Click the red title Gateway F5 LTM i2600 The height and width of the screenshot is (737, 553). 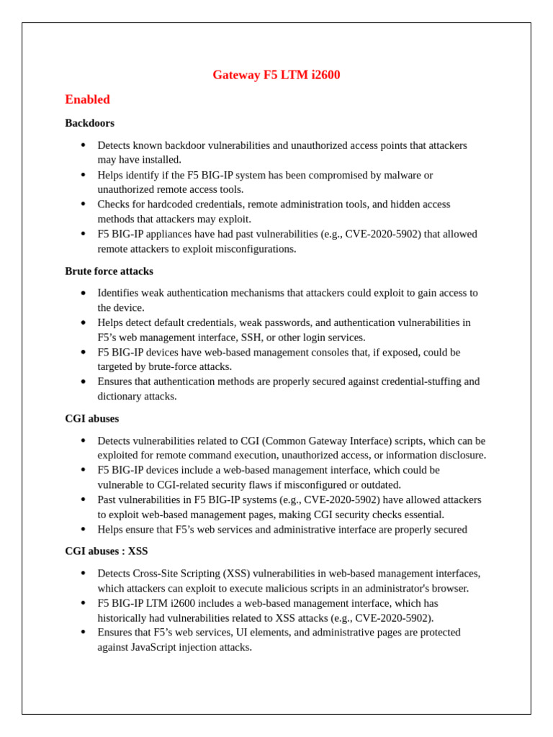[276, 75]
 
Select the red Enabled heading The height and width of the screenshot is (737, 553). [87, 99]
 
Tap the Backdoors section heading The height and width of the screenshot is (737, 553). [89, 123]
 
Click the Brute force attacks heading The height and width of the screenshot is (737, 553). [109, 271]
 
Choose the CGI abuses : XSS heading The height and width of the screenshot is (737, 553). [106, 551]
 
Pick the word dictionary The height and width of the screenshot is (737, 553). [120, 397]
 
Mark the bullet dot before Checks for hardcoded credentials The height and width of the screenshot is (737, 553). [83, 204]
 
